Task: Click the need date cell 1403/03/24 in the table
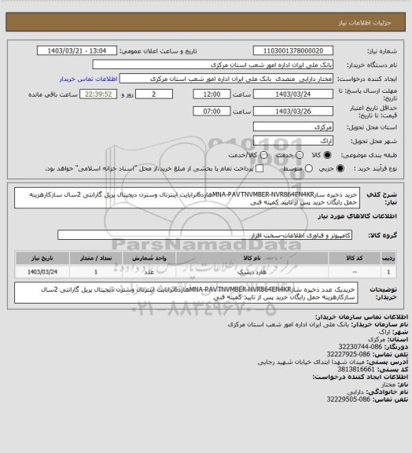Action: click(39, 271)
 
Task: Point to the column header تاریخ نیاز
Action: click(39, 257)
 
